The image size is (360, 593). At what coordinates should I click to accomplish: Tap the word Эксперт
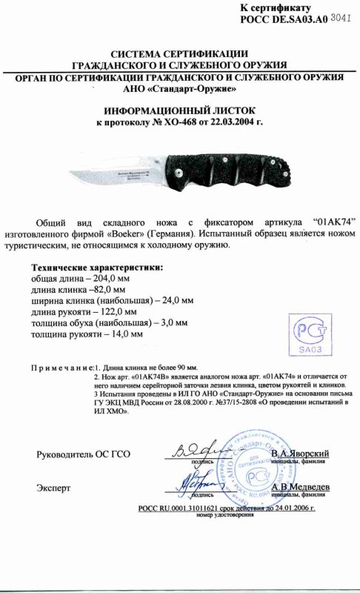[x=53, y=488]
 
